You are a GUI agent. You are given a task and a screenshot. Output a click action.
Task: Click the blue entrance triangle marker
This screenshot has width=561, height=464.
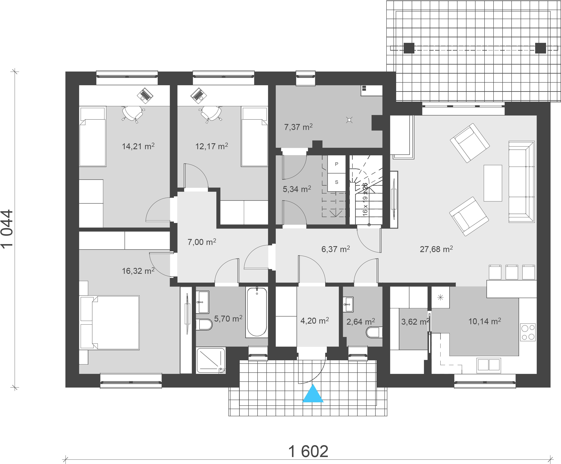point(313,393)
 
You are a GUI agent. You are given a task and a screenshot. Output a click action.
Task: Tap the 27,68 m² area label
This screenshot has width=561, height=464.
point(436,249)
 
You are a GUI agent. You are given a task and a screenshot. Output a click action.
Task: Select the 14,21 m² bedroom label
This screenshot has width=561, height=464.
point(138,146)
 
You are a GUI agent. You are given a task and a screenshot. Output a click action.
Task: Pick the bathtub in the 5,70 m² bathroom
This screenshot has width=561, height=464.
point(257,312)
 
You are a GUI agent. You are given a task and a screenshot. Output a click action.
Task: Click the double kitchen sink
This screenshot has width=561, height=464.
point(489,364)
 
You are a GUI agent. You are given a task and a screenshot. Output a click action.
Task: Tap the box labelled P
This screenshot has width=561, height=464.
point(337,164)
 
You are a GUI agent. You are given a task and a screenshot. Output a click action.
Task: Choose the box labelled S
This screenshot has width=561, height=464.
point(337,182)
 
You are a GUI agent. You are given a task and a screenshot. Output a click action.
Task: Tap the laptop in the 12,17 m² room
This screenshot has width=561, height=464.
point(198,96)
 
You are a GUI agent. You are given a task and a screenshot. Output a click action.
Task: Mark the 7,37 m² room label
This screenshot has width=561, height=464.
point(298,127)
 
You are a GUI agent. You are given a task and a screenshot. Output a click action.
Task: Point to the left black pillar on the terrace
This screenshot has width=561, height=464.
point(409,48)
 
